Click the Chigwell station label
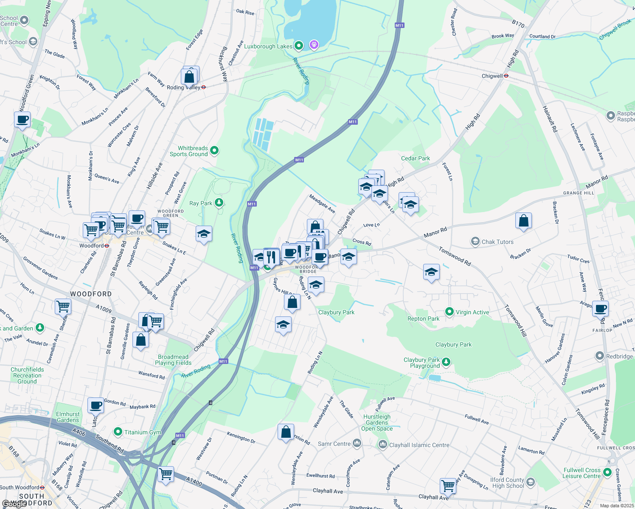(492, 76)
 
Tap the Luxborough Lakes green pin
(298, 45)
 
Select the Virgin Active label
(472, 312)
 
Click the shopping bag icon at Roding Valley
(190, 77)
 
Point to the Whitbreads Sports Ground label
(189, 151)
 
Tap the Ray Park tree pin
(219, 203)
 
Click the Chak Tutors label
(497, 242)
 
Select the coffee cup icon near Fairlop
(600, 308)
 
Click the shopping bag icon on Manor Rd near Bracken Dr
(523, 221)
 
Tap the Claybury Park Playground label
(421, 363)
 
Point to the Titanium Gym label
(143, 432)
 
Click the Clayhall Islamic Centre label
(419, 445)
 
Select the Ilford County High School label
(507, 483)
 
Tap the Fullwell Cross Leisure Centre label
(582, 473)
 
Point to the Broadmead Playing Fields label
(173, 360)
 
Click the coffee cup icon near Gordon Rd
(96, 405)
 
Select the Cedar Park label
(416, 158)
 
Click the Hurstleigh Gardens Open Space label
(377, 422)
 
